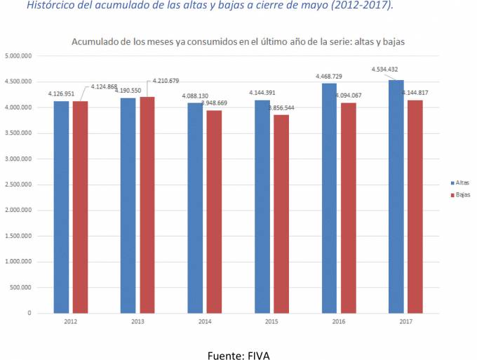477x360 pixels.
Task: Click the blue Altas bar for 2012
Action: pos(60,207)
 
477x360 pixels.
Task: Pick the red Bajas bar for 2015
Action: pos(281,213)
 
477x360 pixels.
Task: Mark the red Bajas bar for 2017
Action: pos(415,206)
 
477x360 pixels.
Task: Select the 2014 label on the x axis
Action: pos(204,321)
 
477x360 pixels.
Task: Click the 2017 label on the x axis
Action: pos(406,321)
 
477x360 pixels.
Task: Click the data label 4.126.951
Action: pos(61,93)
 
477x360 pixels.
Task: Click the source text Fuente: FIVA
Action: pos(238,356)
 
